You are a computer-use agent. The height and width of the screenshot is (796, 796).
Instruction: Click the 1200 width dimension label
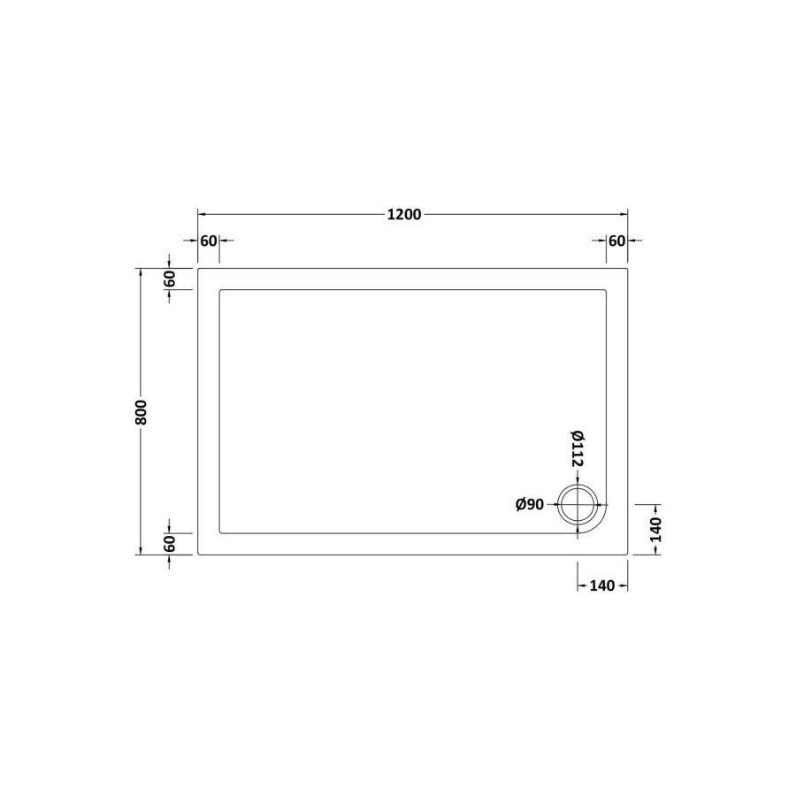(403, 214)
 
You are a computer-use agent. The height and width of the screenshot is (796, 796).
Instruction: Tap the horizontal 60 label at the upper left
(209, 241)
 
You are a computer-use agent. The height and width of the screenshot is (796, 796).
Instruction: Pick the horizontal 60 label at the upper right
(616, 241)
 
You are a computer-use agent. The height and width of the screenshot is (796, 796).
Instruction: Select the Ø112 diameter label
(576, 449)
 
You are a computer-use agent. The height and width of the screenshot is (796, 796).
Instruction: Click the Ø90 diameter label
(530, 505)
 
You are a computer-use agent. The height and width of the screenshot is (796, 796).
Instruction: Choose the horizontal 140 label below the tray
(601, 586)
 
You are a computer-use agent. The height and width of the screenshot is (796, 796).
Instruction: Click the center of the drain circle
(579, 506)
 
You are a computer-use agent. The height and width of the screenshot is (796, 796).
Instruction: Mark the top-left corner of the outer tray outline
(197, 267)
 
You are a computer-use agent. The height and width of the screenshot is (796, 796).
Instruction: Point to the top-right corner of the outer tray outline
(627, 267)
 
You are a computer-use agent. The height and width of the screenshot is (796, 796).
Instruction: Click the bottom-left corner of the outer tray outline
(197, 555)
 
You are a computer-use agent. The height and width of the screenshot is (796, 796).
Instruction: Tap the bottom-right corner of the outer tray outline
(627, 555)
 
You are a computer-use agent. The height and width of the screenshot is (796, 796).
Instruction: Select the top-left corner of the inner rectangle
(219, 288)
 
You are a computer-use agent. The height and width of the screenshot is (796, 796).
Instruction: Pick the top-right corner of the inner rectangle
(606, 288)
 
